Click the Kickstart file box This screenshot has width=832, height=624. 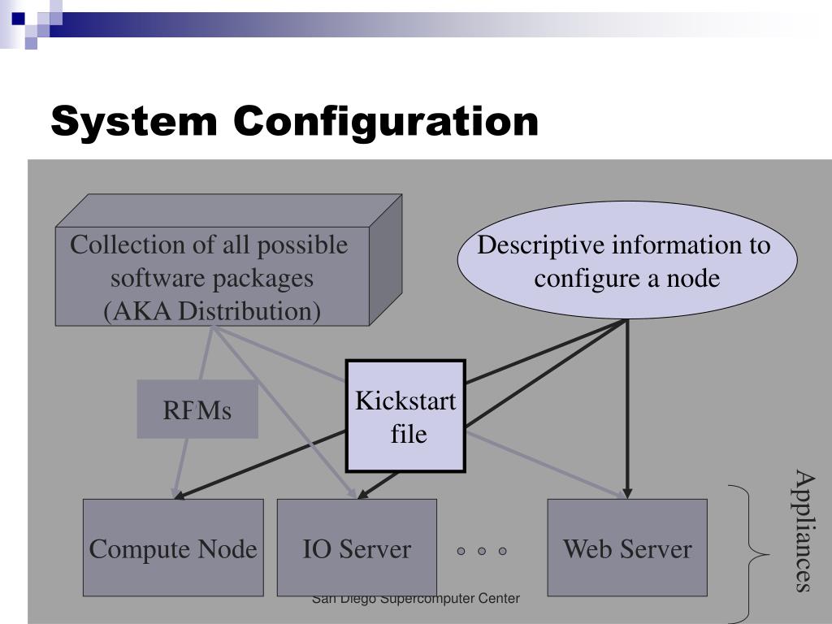click(x=406, y=416)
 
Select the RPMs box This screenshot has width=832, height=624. click(x=197, y=409)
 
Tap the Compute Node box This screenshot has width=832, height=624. click(x=173, y=548)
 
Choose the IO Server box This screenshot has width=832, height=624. click(x=357, y=548)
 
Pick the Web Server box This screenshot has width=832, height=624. click(x=627, y=548)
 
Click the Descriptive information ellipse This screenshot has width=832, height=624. click(x=627, y=260)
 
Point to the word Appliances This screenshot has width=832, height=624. click(x=804, y=531)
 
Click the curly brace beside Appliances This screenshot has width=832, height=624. click(x=749, y=554)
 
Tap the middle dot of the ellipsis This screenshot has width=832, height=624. click(x=482, y=551)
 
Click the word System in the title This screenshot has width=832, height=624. click(x=134, y=122)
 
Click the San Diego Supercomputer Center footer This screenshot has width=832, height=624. click(x=415, y=599)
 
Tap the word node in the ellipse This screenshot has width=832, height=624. click(x=692, y=278)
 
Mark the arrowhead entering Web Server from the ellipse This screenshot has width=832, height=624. click(x=627, y=492)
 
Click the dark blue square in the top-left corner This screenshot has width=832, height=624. click(x=18, y=19)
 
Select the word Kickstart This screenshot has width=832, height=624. click(x=405, y=401)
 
